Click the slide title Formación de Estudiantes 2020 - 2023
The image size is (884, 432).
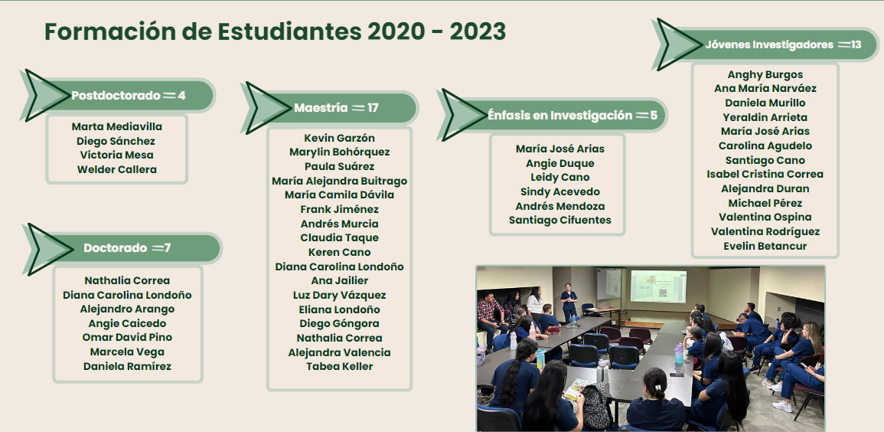[275, 31]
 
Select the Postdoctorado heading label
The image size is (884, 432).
[116, 95]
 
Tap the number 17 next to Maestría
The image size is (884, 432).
[373, 108]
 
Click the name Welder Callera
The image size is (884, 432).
[116, 169]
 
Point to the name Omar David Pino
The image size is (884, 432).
[127, 337]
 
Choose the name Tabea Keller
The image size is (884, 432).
[339, 366]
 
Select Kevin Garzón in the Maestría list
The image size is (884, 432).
[339, 138]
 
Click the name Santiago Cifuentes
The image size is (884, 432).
[559, 220]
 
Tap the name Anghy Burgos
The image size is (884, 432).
[765, 74]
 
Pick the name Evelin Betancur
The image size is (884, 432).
[765, 246]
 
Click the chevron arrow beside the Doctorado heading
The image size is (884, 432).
[48, 249]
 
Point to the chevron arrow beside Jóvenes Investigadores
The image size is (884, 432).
[678, 44]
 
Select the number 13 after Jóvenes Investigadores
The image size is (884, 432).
[856, 44]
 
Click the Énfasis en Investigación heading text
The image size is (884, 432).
[559, 115]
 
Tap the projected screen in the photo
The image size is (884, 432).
[658, 286]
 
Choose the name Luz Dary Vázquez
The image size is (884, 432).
[339, 295]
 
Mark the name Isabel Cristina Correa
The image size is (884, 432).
[765, 175]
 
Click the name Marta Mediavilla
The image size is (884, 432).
[116, 126]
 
